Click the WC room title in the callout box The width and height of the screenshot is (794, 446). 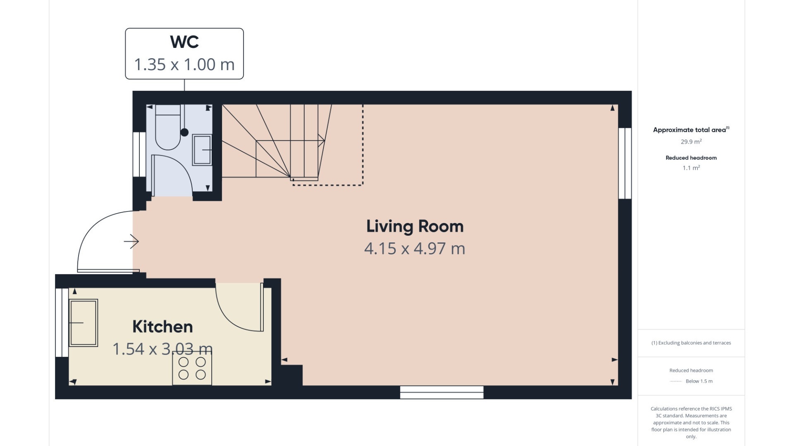184,42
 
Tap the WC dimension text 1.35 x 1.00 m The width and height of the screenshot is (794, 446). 184,64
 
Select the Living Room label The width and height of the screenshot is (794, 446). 415,226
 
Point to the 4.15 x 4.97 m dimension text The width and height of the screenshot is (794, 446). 415,249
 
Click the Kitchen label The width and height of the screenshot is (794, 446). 163,327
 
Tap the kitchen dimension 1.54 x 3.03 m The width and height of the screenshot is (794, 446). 163,349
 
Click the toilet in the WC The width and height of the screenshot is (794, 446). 168,127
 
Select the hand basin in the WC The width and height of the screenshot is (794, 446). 202,150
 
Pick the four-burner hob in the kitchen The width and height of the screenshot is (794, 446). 192,368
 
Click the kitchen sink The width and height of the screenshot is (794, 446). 84,323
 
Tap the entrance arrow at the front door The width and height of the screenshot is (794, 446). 132,242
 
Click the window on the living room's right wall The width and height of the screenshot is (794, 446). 625,164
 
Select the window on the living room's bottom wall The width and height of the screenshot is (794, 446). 442,392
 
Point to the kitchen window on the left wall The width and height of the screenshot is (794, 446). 62,323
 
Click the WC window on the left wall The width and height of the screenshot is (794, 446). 139,155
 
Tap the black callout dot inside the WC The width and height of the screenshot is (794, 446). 184,132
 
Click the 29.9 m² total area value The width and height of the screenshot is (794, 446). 691,142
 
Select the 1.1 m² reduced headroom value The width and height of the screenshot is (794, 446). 691,168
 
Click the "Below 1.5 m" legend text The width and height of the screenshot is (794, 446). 699,381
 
